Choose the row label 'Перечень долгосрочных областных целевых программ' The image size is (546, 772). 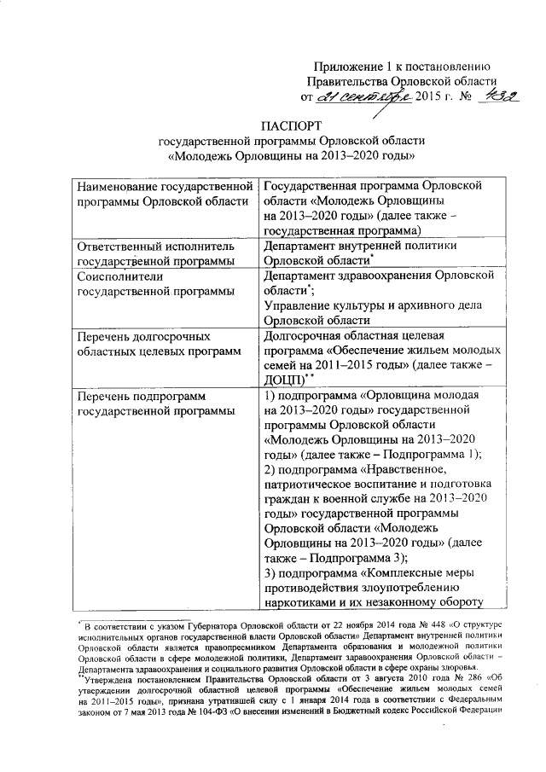click(x=160, y=345)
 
